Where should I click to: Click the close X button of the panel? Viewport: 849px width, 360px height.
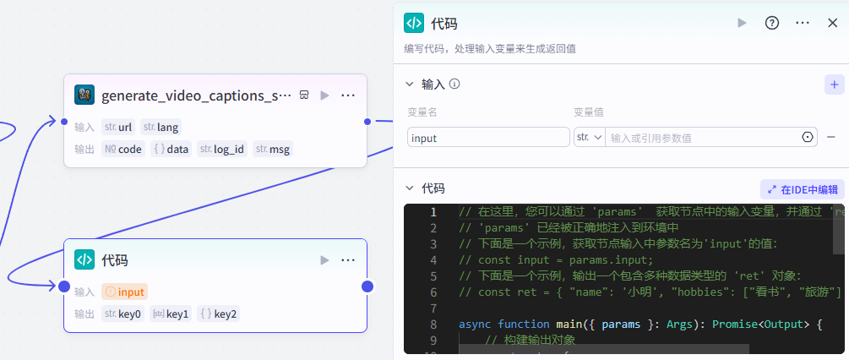coord(832,23)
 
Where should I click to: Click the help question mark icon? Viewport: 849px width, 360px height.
coord(771,23)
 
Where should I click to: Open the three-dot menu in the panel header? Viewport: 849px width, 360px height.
coord(803,23)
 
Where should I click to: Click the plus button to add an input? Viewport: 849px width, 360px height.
coord(834,85)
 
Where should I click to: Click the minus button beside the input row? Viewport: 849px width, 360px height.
coord(831,137)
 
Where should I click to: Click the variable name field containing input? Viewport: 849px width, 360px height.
coord(488,137)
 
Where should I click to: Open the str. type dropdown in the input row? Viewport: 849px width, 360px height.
coord(589,137)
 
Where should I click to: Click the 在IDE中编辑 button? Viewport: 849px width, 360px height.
coord(803,189)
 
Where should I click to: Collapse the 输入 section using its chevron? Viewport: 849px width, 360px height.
coord(411,85)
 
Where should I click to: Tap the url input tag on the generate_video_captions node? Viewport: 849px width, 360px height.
coord(118,127)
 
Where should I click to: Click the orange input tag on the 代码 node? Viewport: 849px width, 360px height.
coord(125,292)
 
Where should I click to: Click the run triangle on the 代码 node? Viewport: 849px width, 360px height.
coord(324,260)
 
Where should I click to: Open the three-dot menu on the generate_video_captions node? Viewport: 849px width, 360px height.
coord(348,95)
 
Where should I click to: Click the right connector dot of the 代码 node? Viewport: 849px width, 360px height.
coord(367,286)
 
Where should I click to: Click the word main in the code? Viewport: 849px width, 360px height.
coord(553,324)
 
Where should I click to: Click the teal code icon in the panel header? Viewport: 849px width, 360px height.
coord(414,23)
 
